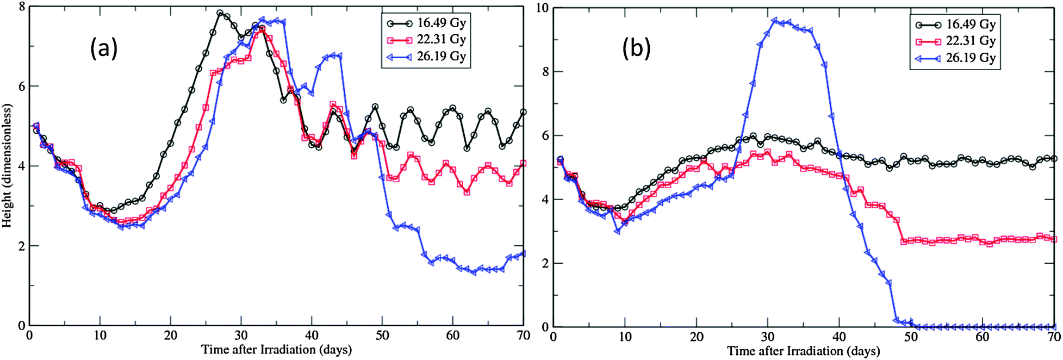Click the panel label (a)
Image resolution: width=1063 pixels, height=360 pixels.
coord(104,49)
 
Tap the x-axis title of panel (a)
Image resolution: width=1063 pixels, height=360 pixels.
coord(276,350)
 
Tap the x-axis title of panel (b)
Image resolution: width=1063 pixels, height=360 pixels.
coord(803,351)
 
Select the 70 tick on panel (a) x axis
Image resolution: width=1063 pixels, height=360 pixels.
coord(523,336)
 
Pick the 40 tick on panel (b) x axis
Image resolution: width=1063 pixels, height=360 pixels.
coord(839,337)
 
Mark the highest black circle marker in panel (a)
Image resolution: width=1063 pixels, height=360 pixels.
coord(220,13)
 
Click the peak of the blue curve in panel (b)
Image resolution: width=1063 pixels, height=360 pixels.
coord(774,20)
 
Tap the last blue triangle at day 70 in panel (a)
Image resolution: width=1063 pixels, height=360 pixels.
coord(523,253)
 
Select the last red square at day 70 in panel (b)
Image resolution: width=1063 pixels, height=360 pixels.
coord(1054,239)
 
